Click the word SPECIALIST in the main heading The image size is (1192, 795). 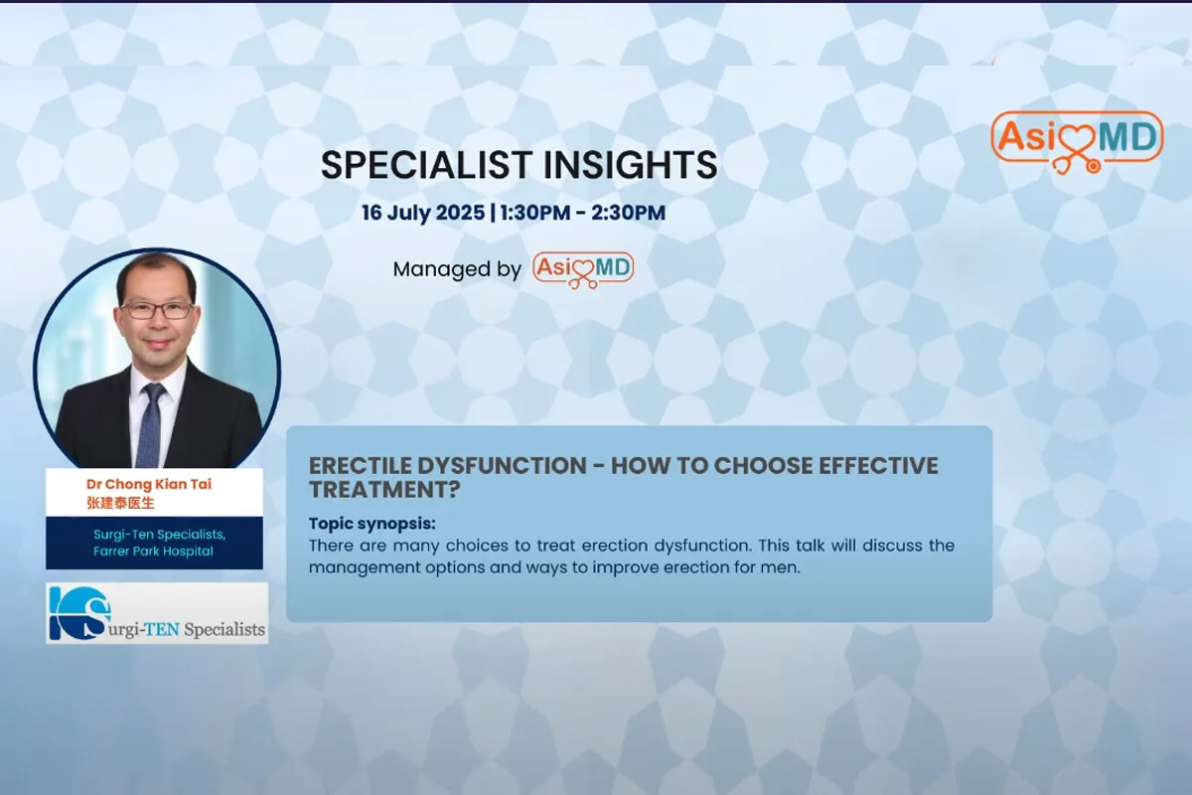tap(427, 165)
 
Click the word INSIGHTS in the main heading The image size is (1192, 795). tap(630, 165)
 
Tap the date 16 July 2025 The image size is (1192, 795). tap(423, 213)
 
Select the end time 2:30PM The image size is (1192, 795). tap(629, 213)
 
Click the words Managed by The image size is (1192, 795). tap(457, 269)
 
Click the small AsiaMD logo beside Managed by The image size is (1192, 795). tap(583, 270)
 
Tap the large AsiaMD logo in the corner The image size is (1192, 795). tap(1077, 142)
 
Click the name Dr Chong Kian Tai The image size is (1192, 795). tap(149, 485)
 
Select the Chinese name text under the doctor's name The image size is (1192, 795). tap(120, 503)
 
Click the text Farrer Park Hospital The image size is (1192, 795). tap(153, 552)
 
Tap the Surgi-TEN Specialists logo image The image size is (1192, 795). tap(157, 613)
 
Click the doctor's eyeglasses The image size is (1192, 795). tap(157, 310)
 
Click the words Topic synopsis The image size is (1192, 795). tap(372, 524)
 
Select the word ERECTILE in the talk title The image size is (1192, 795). tap(360, 466)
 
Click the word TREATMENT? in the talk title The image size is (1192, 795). tap(384, 490)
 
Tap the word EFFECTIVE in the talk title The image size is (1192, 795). tap(878, 466)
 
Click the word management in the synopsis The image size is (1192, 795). tap(363, 568)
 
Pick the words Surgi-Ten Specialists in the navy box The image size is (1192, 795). tap(160, 535)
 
